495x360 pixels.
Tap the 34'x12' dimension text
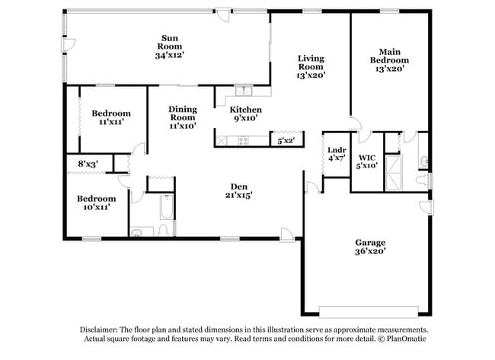click(169, 56)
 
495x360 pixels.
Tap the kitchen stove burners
click(244, 140)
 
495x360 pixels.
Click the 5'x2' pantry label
click(286, 141)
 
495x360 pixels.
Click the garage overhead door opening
click(369, 311)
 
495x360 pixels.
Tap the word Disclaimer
click(101, 329)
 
